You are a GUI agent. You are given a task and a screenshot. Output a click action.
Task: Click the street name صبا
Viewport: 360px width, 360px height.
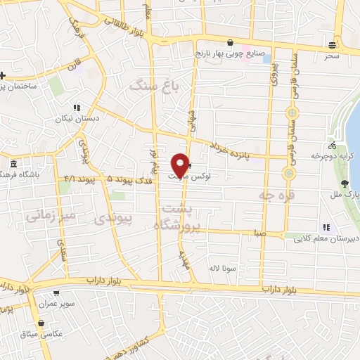pyautogui.click(x=260, y=233)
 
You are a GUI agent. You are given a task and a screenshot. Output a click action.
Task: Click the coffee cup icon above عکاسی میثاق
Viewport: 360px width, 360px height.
pyautogui.click(x=43, y=324)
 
